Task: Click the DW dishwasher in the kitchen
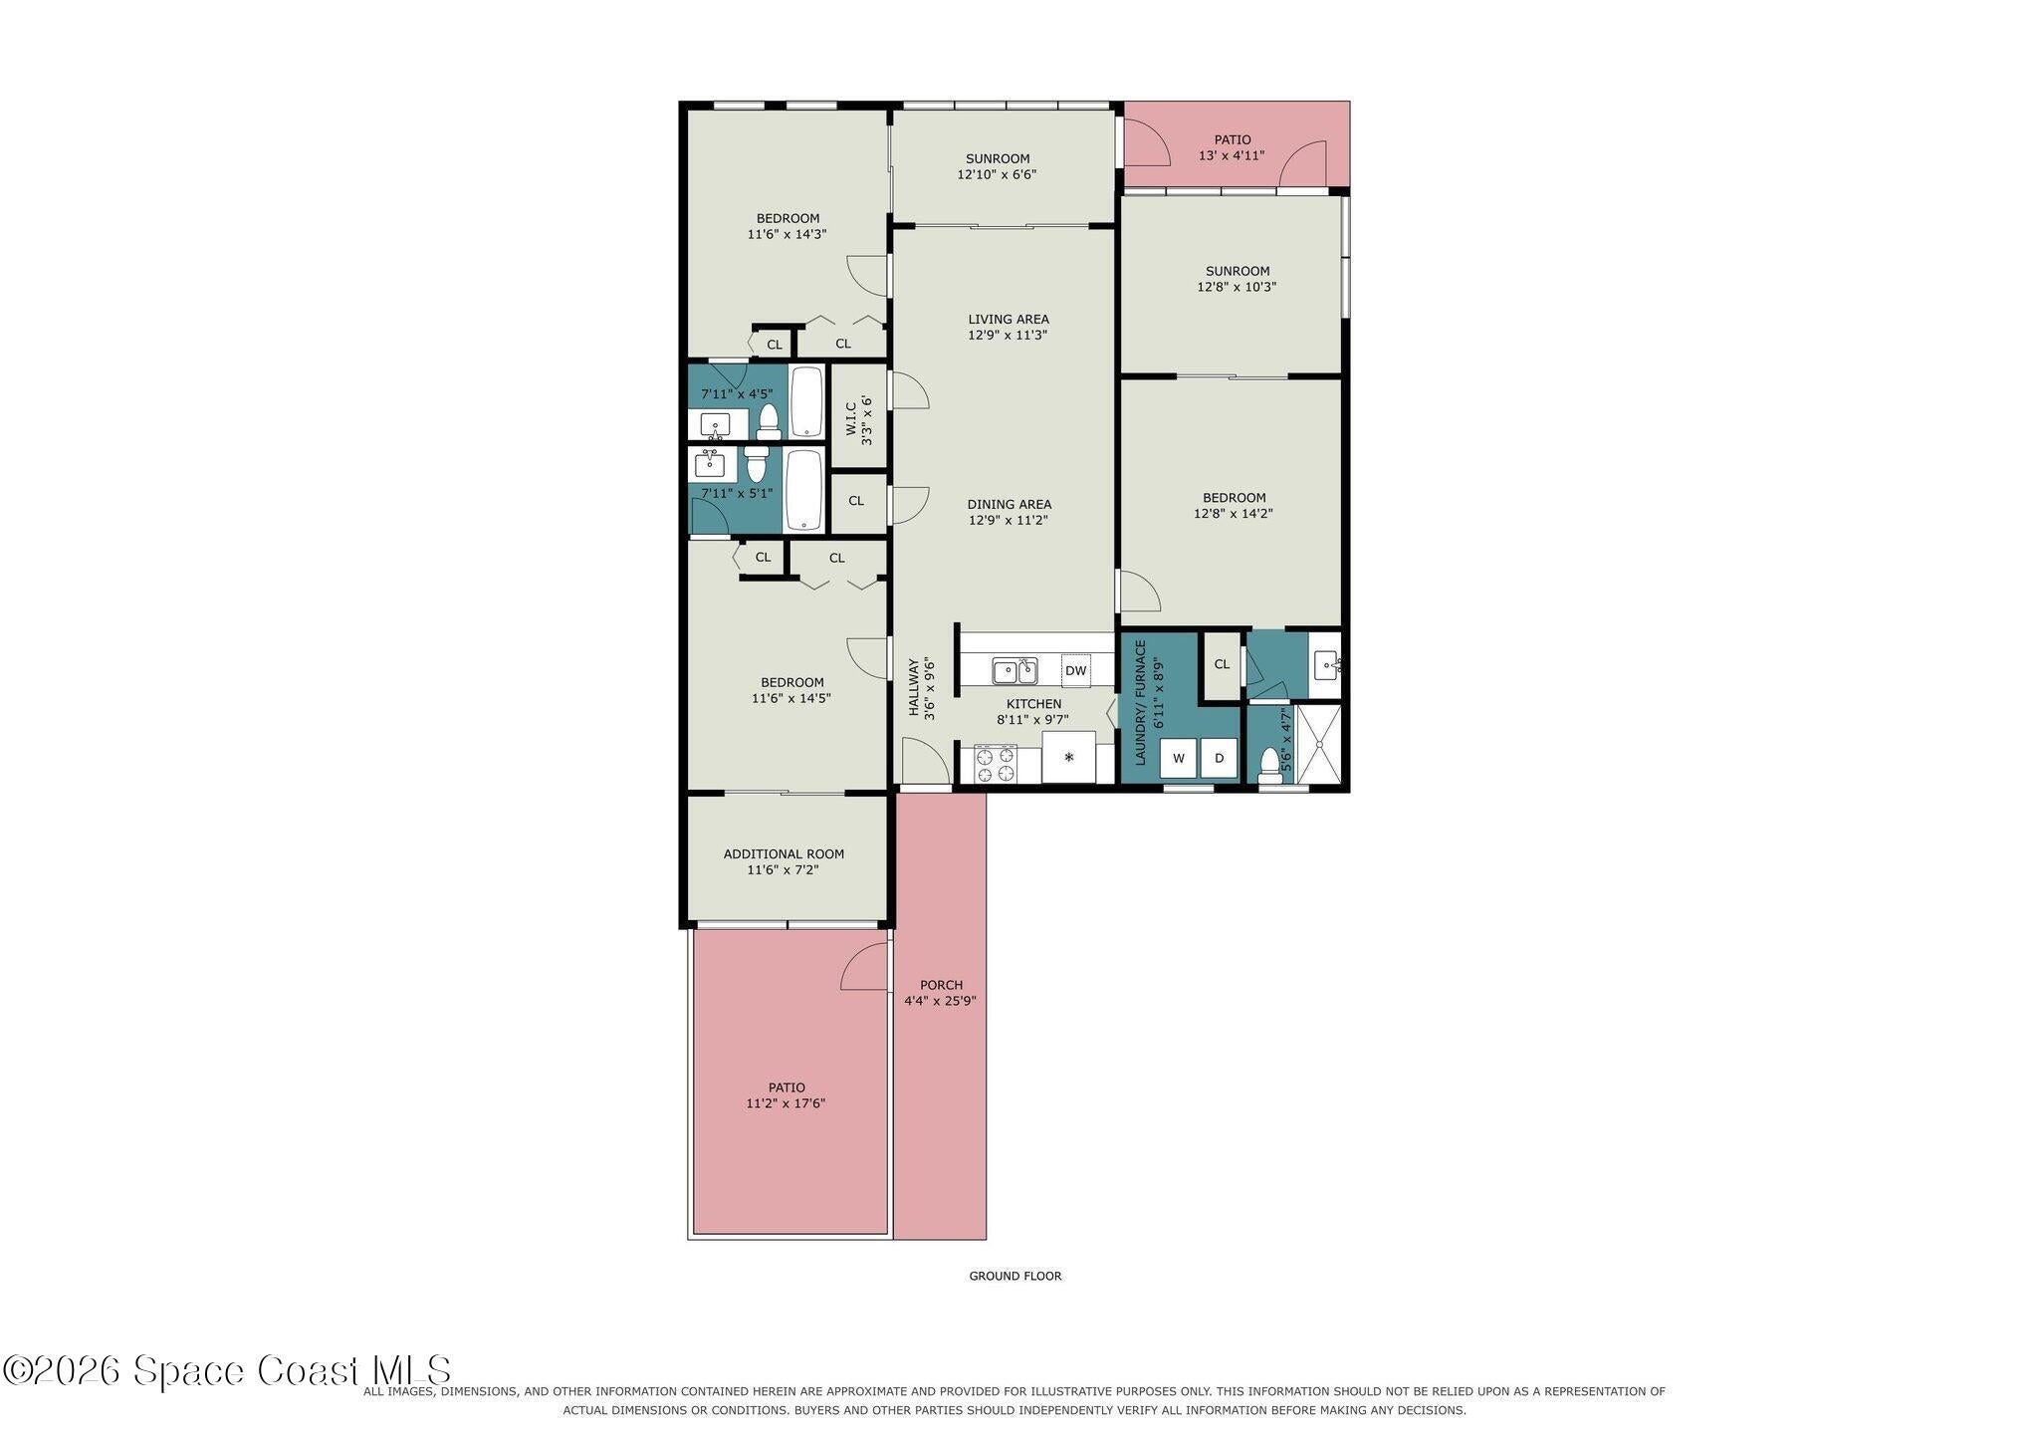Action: click(1075, 670)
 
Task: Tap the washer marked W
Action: click(1179, 758)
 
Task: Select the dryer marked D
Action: click(1219, 758)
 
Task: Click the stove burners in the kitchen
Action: click(996, 764)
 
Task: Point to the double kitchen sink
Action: click(1014, 671)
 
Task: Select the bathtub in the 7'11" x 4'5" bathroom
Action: click(806, 401)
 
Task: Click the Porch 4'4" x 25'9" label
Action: click(940, 993)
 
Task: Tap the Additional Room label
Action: click(784, 853)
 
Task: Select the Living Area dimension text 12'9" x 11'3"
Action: click(1008, 335)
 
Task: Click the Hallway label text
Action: click(913, 687)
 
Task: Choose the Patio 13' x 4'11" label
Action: click(1232, 147)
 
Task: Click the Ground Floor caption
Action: click(1015, 1276)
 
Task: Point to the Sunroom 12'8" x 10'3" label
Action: click(1237, 279)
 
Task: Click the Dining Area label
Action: click(1009, 504)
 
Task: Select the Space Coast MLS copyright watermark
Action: click(227, 1370)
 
